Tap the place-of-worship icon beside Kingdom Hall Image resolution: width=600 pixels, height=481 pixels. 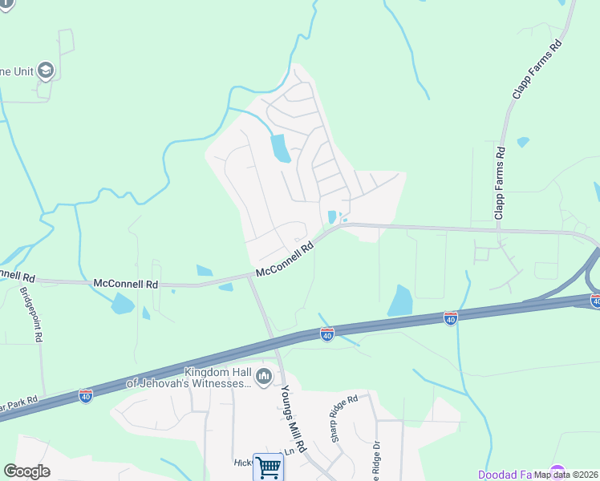tap(263, 376)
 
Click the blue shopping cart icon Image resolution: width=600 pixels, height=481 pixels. tap(268, 467)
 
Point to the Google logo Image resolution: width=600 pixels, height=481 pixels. tap(27, 471)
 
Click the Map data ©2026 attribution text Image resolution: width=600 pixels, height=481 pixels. tap(566, 475)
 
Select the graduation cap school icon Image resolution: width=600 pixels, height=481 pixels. tap(45, 71)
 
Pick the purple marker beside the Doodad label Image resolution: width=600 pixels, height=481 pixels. tap(556, 472)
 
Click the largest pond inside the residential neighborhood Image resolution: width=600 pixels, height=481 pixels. tap(280, 148)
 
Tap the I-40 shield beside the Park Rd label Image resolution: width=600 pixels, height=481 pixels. tap(85, 394)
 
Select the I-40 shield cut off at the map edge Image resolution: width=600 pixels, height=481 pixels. tap(595, 301)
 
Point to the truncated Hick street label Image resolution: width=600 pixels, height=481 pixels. tap(242, 463)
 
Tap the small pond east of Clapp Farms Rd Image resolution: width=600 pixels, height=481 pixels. tap(523, 142)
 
